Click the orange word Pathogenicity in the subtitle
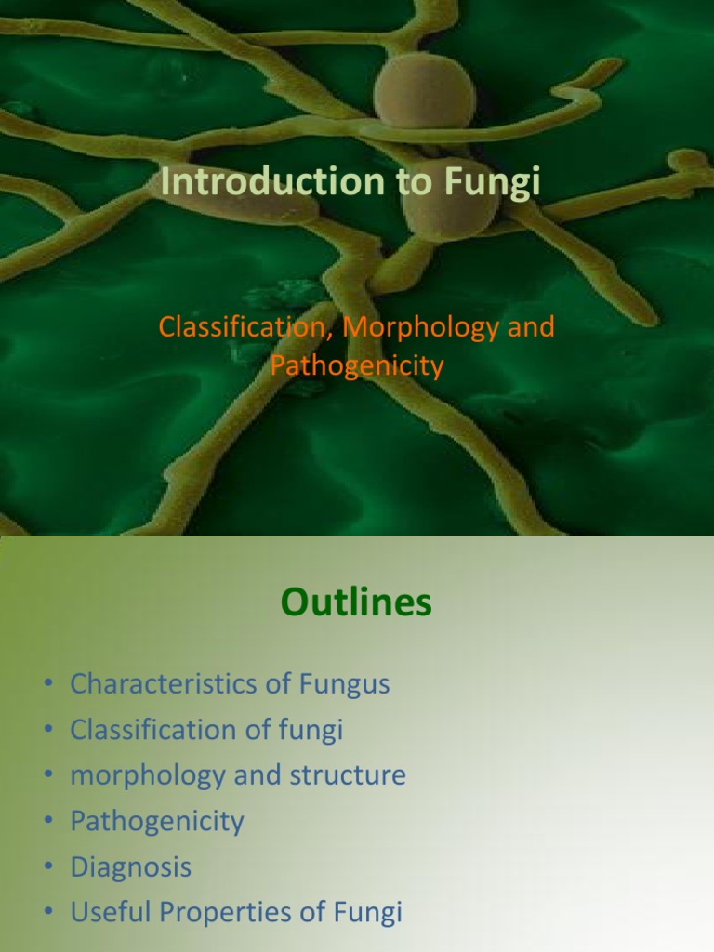(x=357, y=365)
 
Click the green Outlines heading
(x=356, y=603)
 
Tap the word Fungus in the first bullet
(x=344, y=684)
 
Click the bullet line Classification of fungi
(x=206, y=730)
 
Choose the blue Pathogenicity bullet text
(x=156, y=821)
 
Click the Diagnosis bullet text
(x=130, y=867)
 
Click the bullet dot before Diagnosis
(x=47, y=868)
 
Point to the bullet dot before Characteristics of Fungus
(x=47, y=685)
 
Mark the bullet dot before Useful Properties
(x=47, y=914)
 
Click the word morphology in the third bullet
(x=147, y=775)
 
